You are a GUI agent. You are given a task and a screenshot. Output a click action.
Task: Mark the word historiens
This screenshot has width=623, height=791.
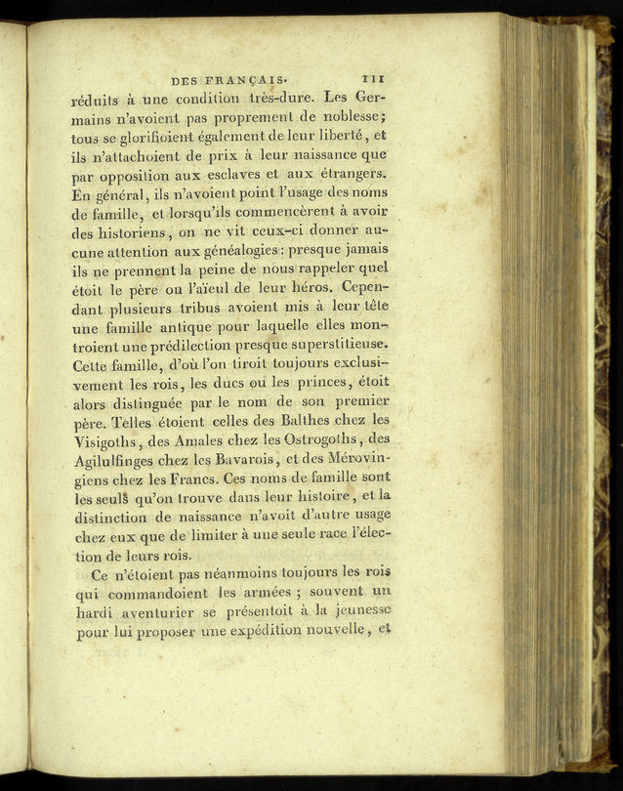pyautogui.click(x=137, y=233)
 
